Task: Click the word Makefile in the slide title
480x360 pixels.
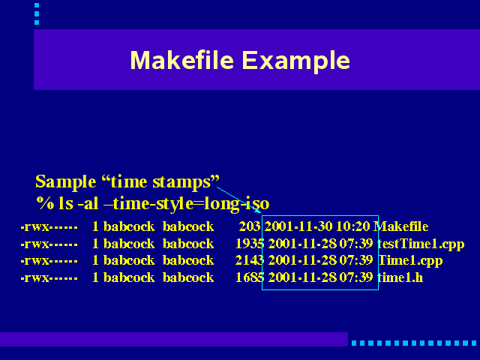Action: tap(182, 60)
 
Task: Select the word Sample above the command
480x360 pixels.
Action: tap(66, 182)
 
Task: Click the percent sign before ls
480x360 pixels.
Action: tap(45, 203)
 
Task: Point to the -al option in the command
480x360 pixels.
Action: tap(88, 203)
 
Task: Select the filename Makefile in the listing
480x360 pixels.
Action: tap(400, 226)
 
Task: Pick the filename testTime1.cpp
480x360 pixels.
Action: tap(421, 244)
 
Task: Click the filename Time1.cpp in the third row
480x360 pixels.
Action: tap(410, 261)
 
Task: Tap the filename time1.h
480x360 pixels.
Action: tap(400, 277)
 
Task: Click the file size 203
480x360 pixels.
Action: tap(250, 226)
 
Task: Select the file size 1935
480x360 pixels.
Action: tap(250, 244)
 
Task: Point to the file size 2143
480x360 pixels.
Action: tap(250, 260)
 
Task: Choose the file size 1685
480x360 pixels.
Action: tap(250, 277)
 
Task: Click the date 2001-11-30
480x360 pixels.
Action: tap(298, 226)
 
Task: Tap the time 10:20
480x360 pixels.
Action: tap(353, 226)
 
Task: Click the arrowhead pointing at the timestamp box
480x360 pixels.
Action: tap(258, 210)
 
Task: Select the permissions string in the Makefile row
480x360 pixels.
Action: tap(49, 226)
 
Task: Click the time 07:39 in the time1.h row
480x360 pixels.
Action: tap(356, 277)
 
